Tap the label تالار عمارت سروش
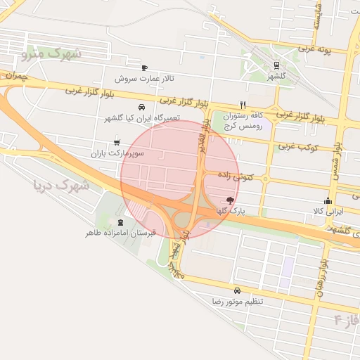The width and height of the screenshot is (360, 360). coord(143,78)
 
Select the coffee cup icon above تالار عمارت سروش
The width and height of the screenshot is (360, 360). coord(144,67)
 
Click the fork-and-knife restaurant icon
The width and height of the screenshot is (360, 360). coord(243,105)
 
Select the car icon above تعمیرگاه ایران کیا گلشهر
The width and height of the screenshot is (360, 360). coord(142,108)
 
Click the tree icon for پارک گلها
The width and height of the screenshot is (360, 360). coord(231,200)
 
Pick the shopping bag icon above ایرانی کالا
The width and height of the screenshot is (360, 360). coord(327,200)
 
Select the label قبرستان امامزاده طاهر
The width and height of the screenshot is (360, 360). coord(120,232)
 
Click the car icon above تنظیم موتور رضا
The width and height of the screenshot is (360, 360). coord(237,290)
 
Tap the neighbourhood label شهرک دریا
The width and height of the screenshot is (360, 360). coord(61,186)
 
